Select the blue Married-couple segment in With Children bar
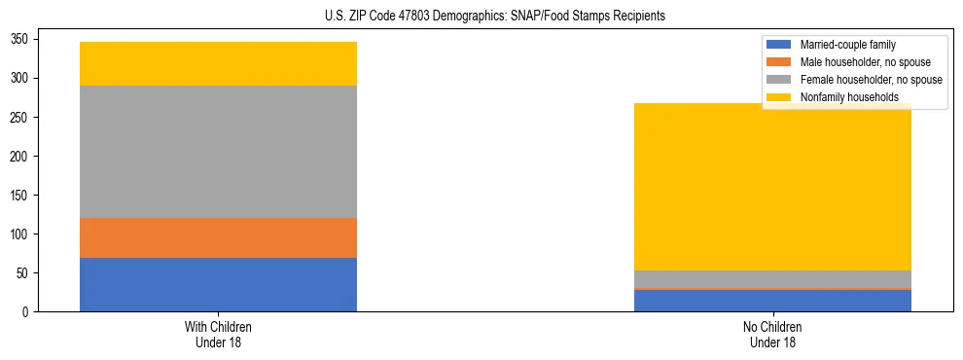point(218,284)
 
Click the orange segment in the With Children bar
point(218,237)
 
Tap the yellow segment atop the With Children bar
point(218,64)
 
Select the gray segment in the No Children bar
point(772,279)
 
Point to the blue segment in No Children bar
point(772,301)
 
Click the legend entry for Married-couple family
point(847,45)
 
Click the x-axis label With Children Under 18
point(218,334)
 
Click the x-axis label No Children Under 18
point(772,334)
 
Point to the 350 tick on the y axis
point(21,39)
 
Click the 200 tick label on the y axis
point(21,156)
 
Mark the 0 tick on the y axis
point(27,311)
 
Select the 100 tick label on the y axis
point(21,234)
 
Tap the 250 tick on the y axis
point(21,117)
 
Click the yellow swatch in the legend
point(780,97)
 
